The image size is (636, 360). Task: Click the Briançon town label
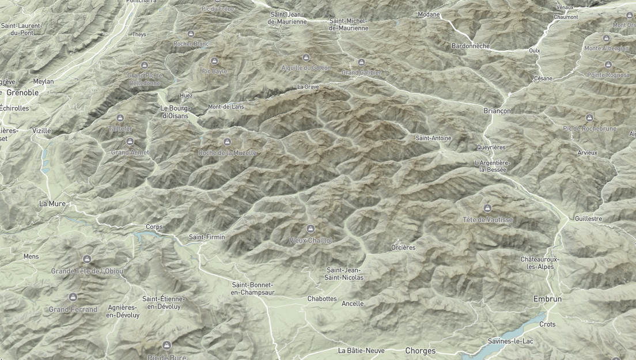pyautogui.click(x=497, y=111)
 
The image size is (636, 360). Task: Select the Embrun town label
pyautogui.click(x=547, y=299)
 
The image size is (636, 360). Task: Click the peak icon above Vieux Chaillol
pyautogui.click(x=311, y=229)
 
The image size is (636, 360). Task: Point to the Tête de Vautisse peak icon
pyautogui.click(x=487, y=208)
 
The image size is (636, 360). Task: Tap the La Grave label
pyautogui.click(x=308, y=87)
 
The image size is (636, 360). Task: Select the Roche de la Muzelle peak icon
pyautogui.click(x=227, y=142)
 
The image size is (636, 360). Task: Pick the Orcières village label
pyautogui.click(x=403, y=248)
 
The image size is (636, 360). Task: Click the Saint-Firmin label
pyautogui.click(x=207, y=237)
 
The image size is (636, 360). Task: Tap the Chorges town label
pyautogui.click(x=420, y=351)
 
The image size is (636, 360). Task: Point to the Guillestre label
pyautogui.click(x=588, y=219)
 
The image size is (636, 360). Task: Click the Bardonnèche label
pyautogui.click(x=471, y=46)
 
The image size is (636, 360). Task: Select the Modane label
pyautogui.click(x=429, y=14)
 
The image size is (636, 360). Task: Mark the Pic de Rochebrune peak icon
pyautogui.click(x=589, y=118)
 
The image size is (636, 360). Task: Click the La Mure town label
pyautogui.click(x=52, y=203)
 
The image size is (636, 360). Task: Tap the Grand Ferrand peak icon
pyautogui.click(x=73, y=297)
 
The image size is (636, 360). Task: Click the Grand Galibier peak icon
pyautogui.click(x=362, y=62)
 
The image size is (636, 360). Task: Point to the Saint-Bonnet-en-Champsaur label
pyautogui.click(x=253, y=289)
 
